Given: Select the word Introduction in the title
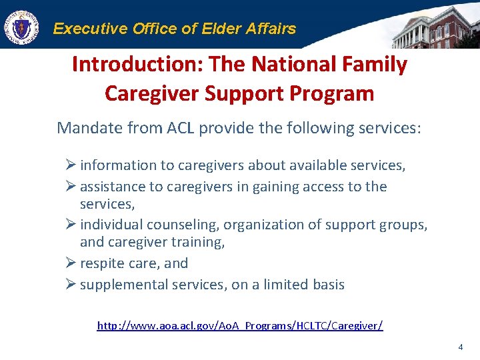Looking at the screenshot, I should tap(137, 65).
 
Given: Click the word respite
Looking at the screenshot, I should tap(101, 263).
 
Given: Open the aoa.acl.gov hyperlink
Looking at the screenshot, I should tap(240, 326).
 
